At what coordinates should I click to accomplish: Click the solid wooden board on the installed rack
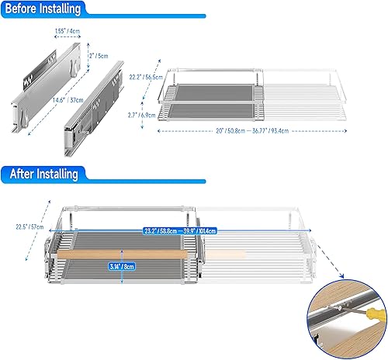click(124, 254)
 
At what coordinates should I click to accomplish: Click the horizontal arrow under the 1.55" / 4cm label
click(66, 39)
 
